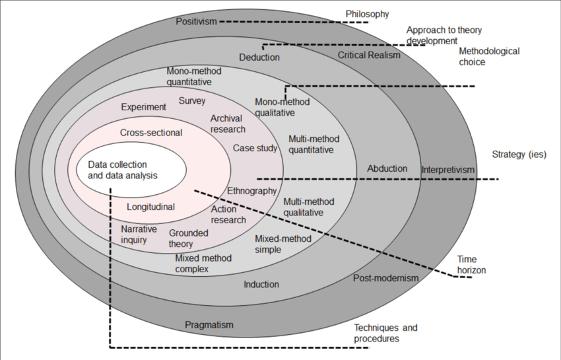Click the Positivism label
click(x=196, y=22)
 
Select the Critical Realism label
click(x=369, y=55)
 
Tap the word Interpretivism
click(x=448, y=170)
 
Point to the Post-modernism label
click(x=386, y=278)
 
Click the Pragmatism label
click(x=209, y=325)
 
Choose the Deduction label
click(x=259, y=57)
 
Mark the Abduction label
click(x=387, y=168)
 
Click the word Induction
click(x=261, y=285)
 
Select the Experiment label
click(x=144, y=107)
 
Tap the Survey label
click(x=192, y=101)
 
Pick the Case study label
click(x=255, y=148)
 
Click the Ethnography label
click(x=251, y=191)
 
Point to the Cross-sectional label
click(x=151, y=133)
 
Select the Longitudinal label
click(x=150, y=207)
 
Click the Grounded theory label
click(x=188, y=238)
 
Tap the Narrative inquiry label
click(x=139, y=234)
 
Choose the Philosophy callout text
click(x=368, y=14)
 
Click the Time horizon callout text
click(x=467, y=265)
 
